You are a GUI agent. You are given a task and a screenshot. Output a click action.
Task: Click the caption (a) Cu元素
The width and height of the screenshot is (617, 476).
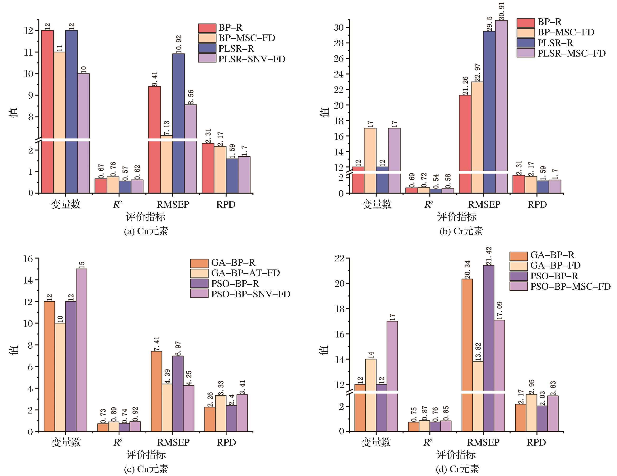(146, 231)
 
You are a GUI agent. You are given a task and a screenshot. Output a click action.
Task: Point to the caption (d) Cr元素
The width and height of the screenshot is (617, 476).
(457, 469)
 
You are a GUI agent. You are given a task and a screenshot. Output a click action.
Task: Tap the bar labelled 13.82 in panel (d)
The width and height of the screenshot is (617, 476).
(477, 396)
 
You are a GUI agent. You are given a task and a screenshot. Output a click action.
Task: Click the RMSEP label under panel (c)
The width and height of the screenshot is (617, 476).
(173, 442)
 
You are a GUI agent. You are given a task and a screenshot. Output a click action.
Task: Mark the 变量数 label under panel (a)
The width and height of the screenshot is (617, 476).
(66, 204)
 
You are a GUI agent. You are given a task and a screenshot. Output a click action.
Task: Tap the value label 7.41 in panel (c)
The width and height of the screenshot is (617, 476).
(157, 343)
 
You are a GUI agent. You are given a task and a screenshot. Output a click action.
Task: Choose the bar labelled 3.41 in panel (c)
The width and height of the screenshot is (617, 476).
(242, 413)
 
